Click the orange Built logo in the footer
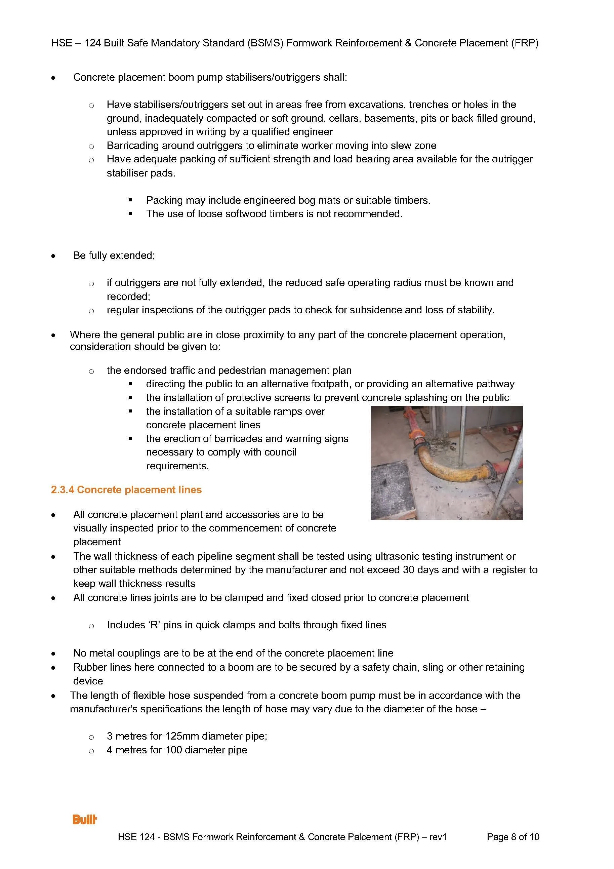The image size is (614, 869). click(x=85, y=820)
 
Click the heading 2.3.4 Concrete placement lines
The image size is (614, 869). click(x=126, y=490)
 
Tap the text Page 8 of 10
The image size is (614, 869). click(x=513, y=837)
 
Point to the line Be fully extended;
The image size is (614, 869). click(x=114, y=255)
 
